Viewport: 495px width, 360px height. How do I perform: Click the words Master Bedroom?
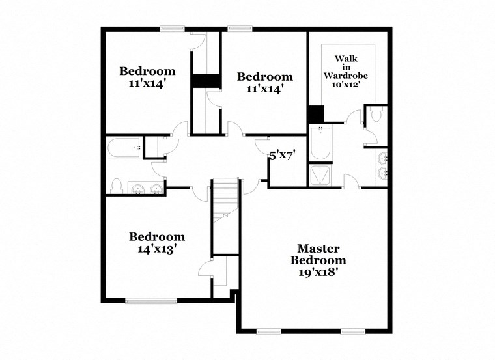click(x=318, y=254)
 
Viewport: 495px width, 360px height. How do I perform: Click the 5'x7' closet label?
click(x=283, y=155)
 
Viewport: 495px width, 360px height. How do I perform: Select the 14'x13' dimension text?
click(x=156, y=248)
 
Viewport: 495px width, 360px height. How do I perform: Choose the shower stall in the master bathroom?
click(x=320, y=175)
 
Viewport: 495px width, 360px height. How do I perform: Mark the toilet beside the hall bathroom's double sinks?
click(x=117, y=186)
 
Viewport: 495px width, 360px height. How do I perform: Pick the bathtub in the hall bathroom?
click(x=124, y=148)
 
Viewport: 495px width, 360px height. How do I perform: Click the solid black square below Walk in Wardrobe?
click(x=315, y=114)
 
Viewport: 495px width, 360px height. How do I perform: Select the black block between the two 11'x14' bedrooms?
click(x=206, y=81)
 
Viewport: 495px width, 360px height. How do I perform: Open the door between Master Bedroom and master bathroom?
click(x=350, y=182)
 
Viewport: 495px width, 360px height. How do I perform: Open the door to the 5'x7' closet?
click(x=263, y=143)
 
